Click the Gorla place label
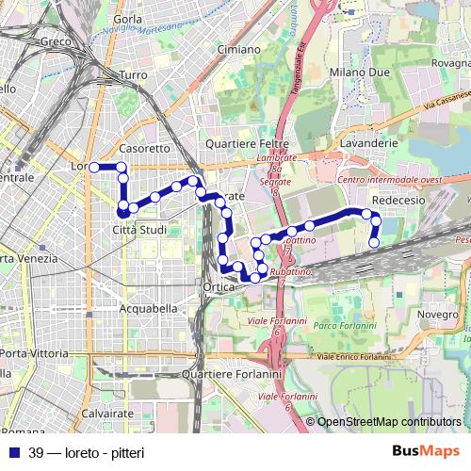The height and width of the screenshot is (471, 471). pos(127,19)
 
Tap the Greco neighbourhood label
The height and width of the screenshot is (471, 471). pos(57,42)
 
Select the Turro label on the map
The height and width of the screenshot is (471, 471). pos(134,74)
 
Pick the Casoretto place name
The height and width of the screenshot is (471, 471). pos(145,149)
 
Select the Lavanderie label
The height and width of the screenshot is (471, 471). pos(370,141)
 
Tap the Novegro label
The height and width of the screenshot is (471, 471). pos(438,314)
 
